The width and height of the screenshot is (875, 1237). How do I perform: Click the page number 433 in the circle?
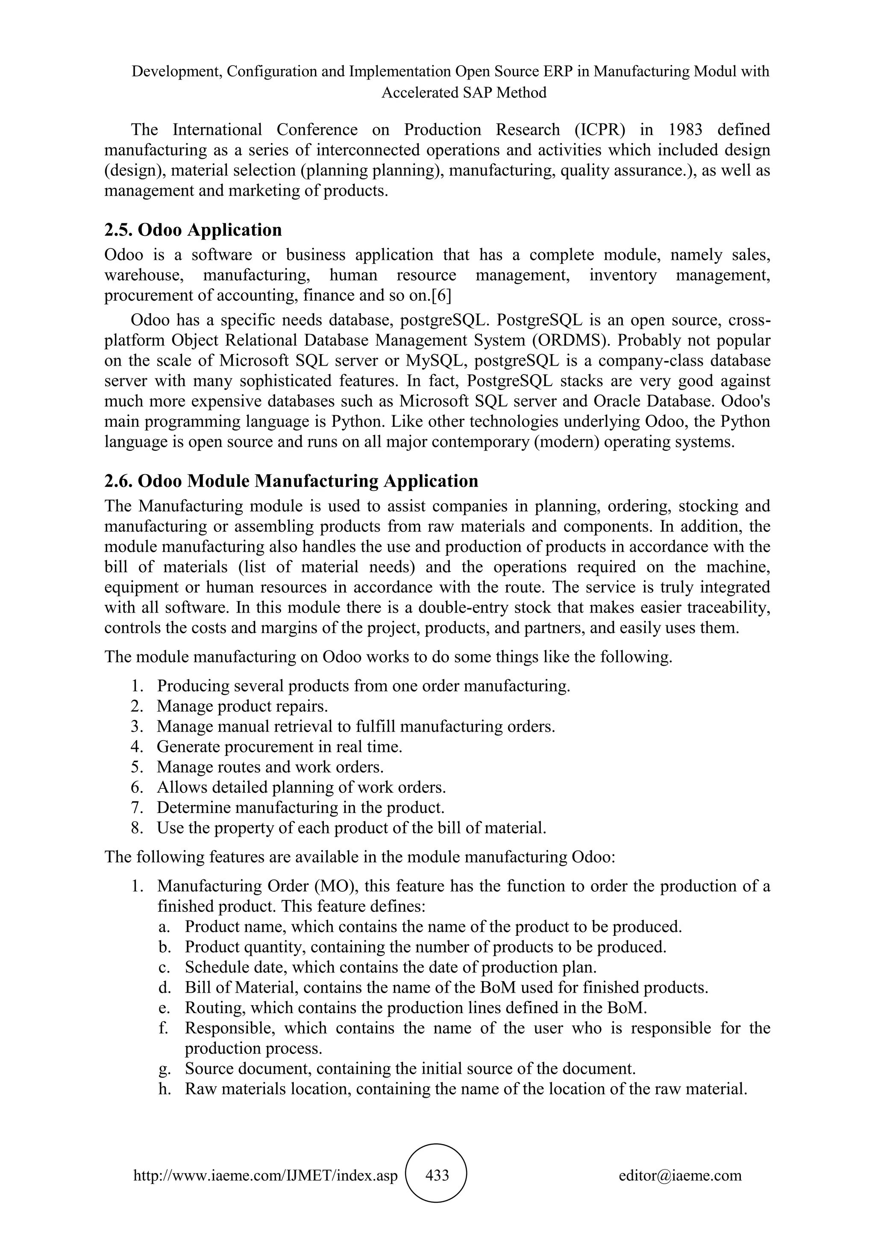tap(437, 1175)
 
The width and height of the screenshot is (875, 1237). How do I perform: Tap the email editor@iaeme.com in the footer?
tap(680, 1175)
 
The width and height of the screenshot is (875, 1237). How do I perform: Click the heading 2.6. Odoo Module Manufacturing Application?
tap(291, 481)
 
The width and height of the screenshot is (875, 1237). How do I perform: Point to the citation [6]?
tap(441, 295)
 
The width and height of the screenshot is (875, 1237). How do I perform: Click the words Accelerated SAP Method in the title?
tap(464, 93)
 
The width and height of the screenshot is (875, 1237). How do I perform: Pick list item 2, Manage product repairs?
tap(242, 706)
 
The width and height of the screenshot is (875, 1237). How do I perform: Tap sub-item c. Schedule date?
tap(390, 967)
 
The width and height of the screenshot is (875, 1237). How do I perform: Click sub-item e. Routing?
tap(415, 1008)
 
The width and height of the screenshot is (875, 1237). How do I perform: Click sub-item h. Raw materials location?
tap(466, 1089)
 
